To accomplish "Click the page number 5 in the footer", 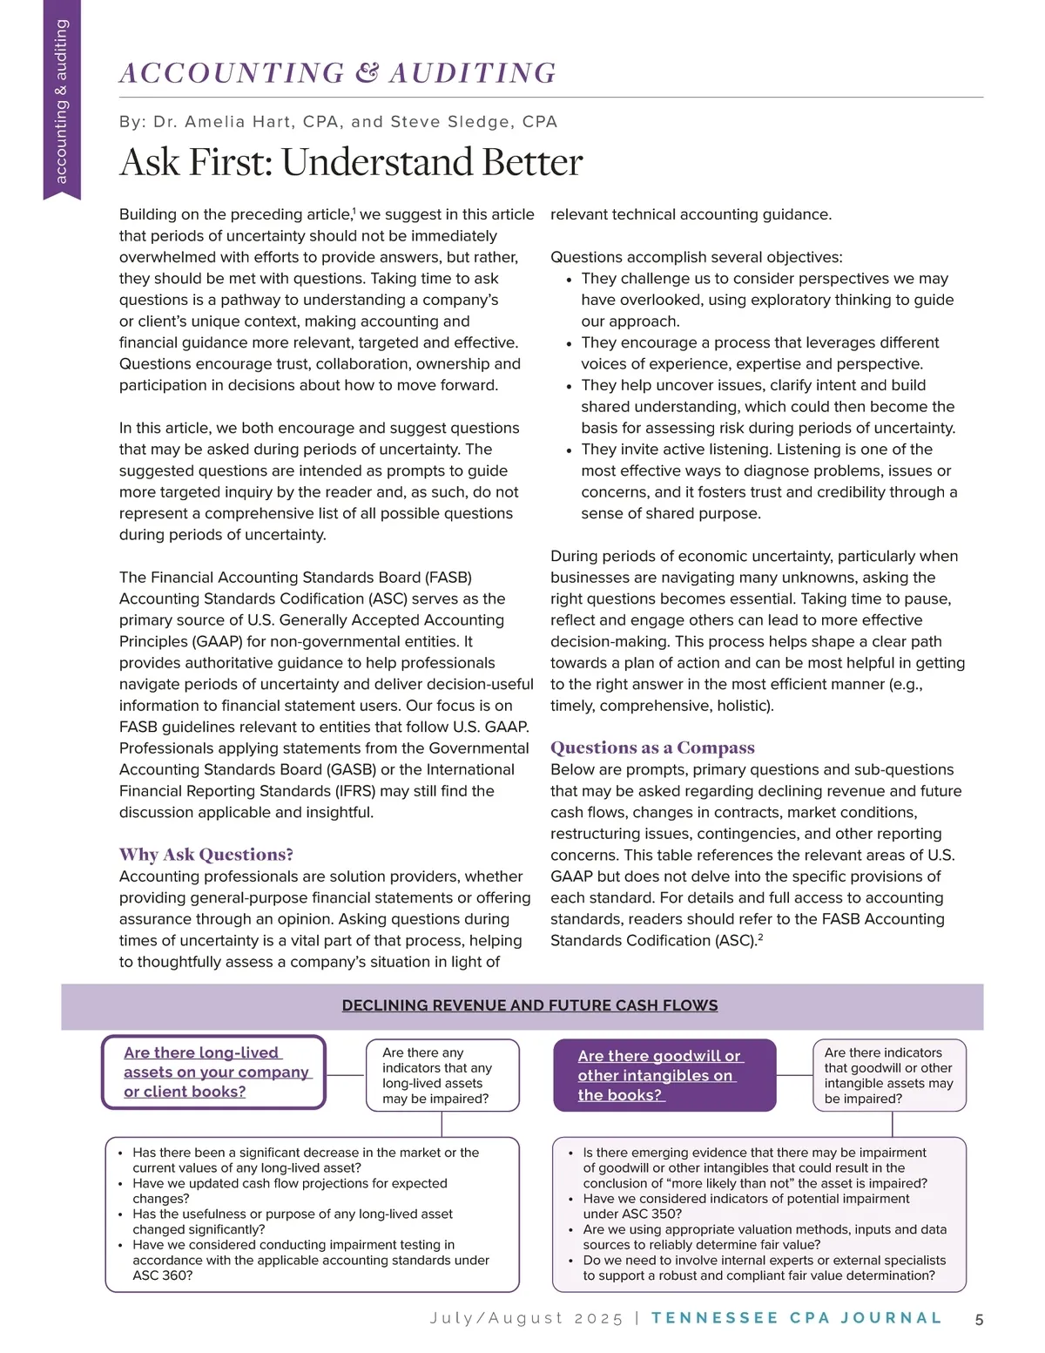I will (979, 1319).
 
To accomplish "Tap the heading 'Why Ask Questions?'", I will (206, 855).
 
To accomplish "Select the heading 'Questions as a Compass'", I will (652, 748).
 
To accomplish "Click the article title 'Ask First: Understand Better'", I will (351, 163).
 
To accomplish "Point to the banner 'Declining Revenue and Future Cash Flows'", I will (529, 1005).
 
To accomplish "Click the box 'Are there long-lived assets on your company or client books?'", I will (214, 1072).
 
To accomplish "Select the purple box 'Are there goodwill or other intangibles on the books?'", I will (664, 1075).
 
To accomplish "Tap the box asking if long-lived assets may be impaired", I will (442, 1075).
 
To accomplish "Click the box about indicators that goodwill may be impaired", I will (889, 1075).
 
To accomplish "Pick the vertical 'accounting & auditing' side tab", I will (61, 102).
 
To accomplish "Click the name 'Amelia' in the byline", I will (224, 122).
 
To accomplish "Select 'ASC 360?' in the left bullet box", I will (162, 1275).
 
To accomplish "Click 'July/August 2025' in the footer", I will (526, 1318).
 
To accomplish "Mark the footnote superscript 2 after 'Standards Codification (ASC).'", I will (760, 937).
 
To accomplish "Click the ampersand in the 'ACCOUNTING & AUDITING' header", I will (367, 73).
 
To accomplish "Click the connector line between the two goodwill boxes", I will (794, 1075).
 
